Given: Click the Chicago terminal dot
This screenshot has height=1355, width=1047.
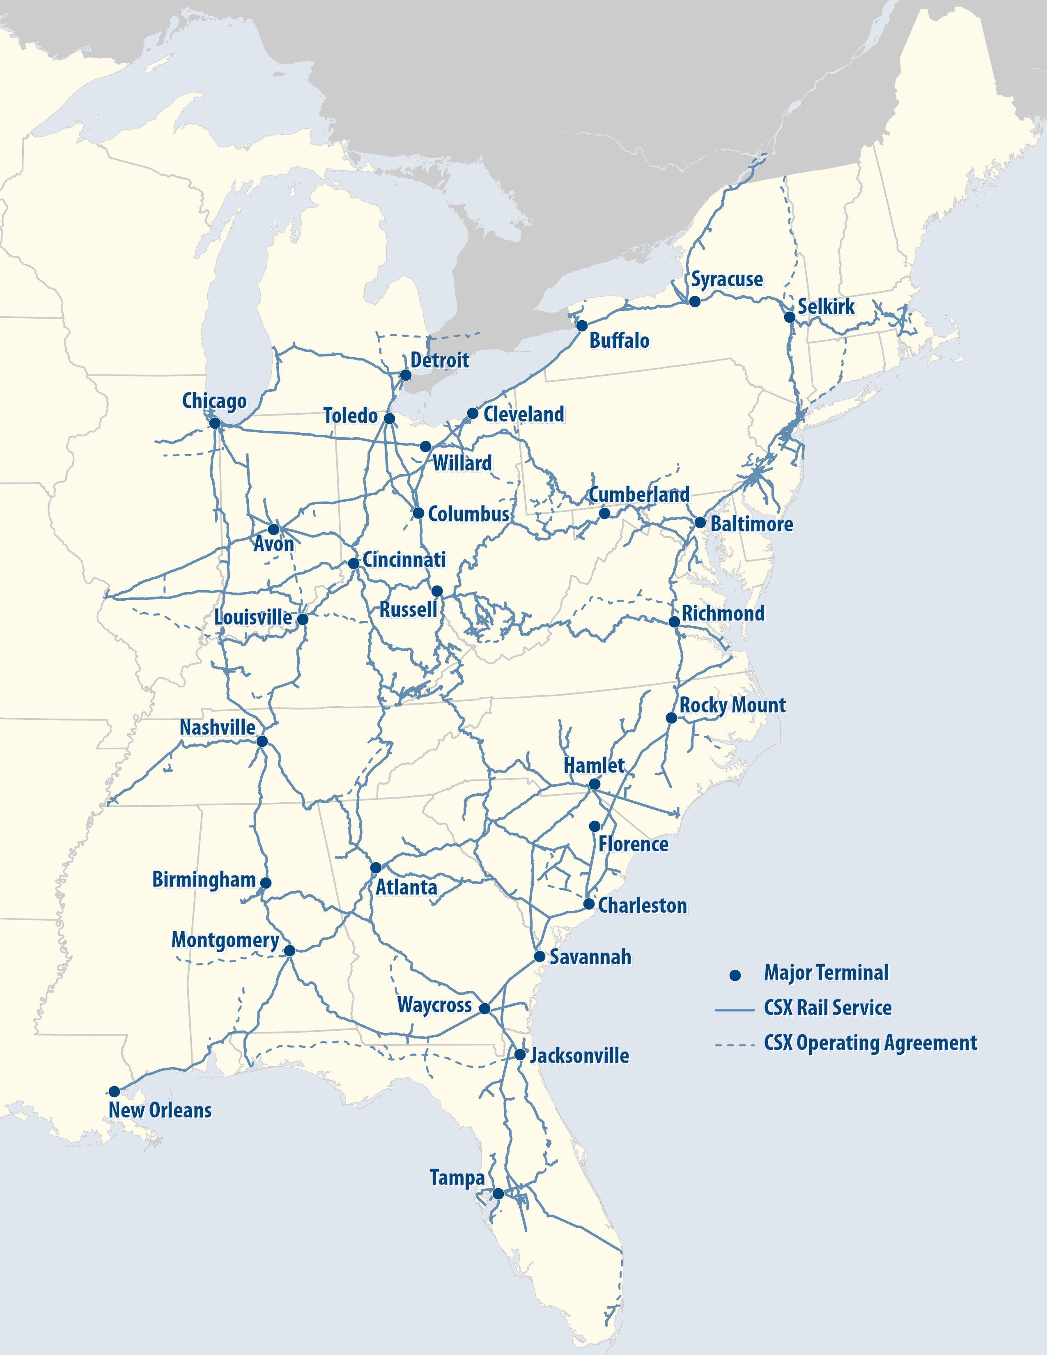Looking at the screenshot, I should (x=215, y=423).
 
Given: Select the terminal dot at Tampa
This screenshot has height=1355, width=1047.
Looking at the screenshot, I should (x=498, y=1194).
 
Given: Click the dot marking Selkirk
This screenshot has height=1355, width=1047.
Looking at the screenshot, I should (x=790, y=317).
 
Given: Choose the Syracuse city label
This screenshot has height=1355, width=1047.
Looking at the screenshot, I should (x=727, y=279).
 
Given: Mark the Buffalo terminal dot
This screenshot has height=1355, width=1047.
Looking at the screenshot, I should (x=582, y=326).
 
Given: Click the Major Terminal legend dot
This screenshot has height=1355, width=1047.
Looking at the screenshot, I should (x=735, y=975).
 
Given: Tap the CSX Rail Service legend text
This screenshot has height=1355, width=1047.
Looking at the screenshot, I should (x=827, y=1008).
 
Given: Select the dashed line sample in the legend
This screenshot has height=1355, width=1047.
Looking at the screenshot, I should (x=735, y=1045).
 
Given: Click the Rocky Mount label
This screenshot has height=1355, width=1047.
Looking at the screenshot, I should (x=732, y=705).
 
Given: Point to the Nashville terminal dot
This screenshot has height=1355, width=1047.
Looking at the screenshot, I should (x=262, y=741).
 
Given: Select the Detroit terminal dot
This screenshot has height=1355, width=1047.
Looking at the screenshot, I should (x=405, y=375).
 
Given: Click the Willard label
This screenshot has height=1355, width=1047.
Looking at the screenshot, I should (x=462, y=463).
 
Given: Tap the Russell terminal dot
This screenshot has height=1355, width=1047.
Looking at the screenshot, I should (x=437, y=590).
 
